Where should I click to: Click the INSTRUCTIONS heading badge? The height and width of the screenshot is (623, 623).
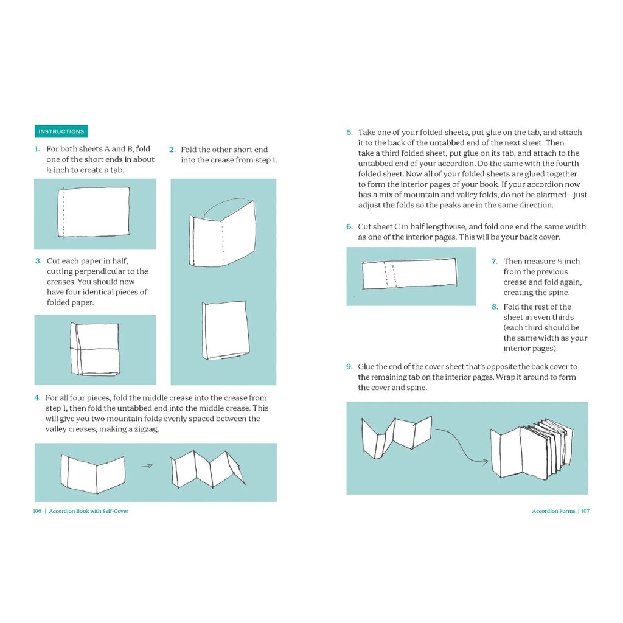click(x=61, y=131)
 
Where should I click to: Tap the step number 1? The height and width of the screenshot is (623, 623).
click(x=37, y=149)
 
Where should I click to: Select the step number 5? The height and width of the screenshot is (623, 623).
click(x=349, y=133)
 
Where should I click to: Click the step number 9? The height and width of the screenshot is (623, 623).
click(x=349, y=367)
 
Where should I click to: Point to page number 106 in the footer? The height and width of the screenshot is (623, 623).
click(x=37, y=511)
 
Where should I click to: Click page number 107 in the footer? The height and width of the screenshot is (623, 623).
click(x=585, y=511)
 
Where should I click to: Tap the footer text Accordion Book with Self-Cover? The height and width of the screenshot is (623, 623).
click(x=89, y=511)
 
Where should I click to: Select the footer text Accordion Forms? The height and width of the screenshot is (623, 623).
click(x=553, y=511)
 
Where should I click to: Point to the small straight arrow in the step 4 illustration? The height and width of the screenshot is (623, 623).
click(x=146, y=467)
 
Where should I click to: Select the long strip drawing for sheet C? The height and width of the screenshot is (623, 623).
click(x=409, y=274)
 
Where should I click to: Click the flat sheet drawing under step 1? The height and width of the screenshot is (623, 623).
click(x=95, y=211)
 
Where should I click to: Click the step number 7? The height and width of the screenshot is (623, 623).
click(x=495, y=262)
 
